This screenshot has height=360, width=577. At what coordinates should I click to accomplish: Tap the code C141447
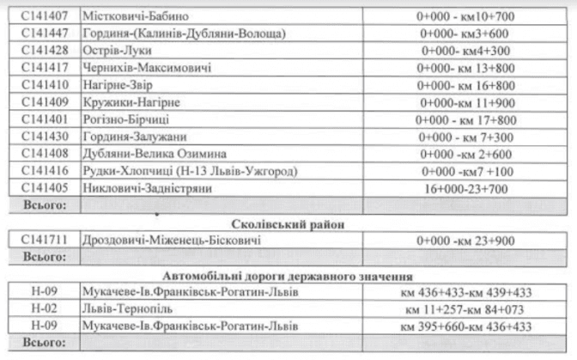45,34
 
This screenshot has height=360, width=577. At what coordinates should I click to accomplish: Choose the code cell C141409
45,102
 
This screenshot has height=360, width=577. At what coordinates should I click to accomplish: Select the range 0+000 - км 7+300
467,137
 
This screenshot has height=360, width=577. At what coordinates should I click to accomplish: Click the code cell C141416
45,171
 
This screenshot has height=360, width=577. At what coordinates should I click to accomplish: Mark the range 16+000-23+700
467,188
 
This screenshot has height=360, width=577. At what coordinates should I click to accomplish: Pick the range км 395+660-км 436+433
467,326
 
